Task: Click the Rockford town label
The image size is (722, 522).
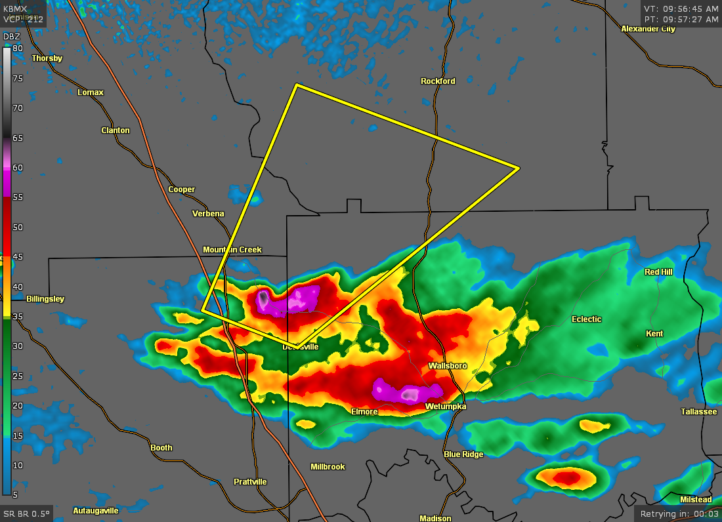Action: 438,81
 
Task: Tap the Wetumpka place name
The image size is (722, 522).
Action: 445,407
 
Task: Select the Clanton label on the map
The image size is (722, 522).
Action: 116,130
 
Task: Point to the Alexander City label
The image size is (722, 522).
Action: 648,29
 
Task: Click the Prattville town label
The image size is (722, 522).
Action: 250,482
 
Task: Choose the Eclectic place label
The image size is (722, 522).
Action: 586,319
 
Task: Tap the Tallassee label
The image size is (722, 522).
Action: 698,412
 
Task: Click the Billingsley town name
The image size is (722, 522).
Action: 45,299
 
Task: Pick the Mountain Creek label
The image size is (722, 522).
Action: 232,250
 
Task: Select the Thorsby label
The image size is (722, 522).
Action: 47,58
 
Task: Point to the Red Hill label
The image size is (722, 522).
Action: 658,272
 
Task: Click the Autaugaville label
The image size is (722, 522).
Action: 96,510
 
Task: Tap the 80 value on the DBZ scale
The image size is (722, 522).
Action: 18,49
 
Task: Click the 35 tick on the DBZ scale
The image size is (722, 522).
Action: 18,317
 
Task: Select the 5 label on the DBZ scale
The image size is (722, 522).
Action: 15,495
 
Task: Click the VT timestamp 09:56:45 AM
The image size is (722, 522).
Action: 681,9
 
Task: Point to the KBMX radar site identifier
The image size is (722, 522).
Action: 16,9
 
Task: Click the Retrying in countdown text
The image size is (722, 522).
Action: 679,513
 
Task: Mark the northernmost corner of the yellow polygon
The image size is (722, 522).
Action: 297,85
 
